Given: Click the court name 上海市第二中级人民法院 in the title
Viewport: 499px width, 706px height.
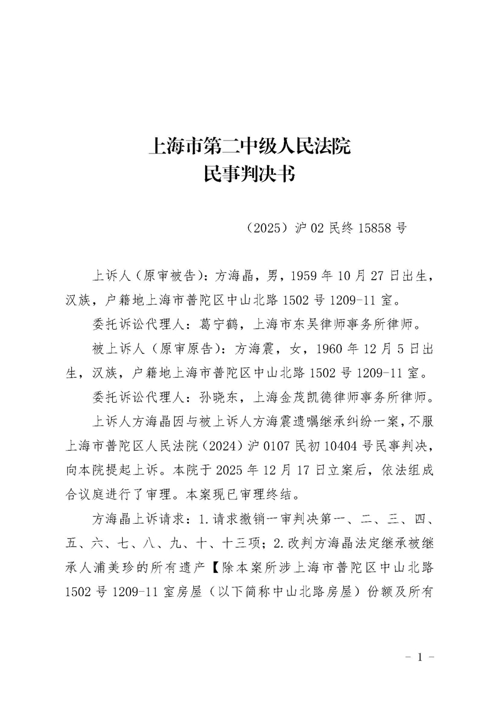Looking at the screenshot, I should click(x=249, y=147).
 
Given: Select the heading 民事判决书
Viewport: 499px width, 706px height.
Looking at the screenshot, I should click(x=249, y=175).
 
